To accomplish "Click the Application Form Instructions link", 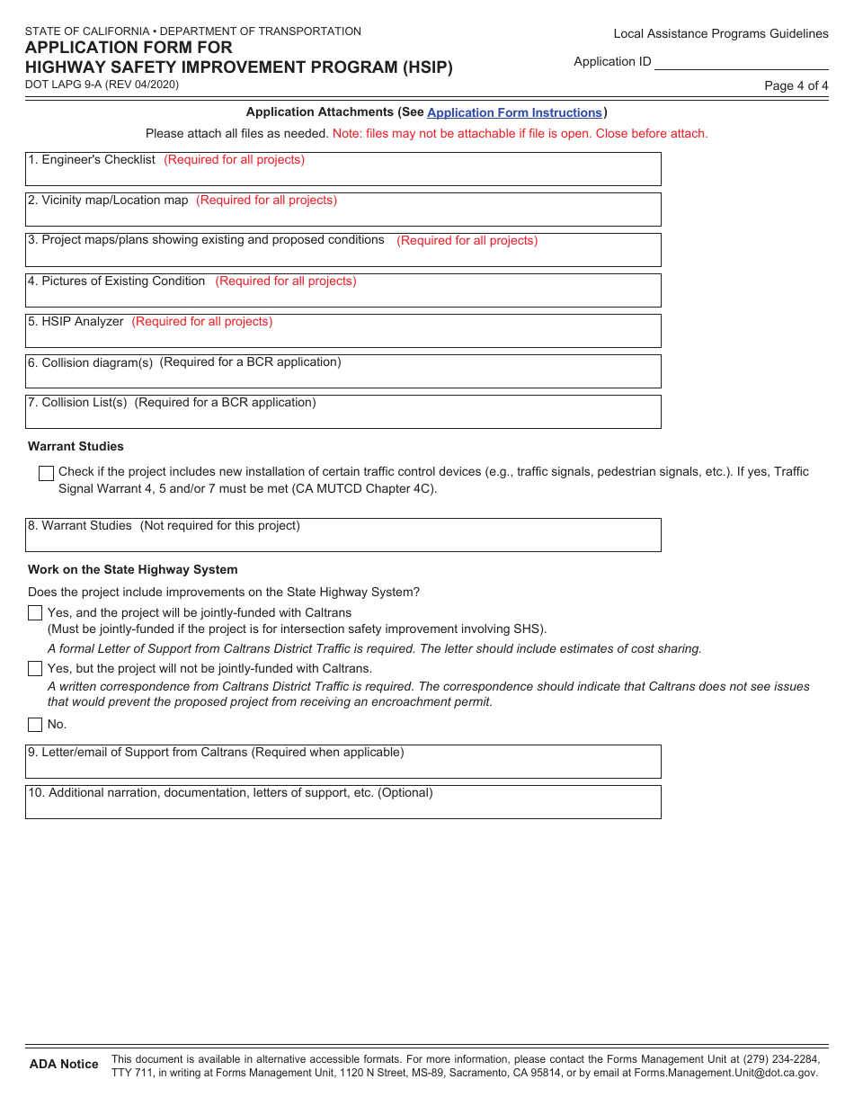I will (x=514, y=112).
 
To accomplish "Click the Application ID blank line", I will (x=741, y=62).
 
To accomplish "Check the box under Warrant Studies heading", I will (x=47, y=473).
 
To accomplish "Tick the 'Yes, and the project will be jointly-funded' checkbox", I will (x=35, y=613).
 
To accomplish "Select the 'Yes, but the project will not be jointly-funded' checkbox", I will (x=35, y=669).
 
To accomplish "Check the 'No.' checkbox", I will (x=35, y=725).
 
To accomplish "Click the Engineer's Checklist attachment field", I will (x=342, y=169).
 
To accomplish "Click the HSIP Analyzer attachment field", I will (x=342, y=331).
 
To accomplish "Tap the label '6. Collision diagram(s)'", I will (x=91, y=362).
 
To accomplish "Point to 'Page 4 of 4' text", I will (x=796, y=86).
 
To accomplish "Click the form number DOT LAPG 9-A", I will (x=102, y=85).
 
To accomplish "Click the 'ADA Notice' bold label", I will (x=64, y=1065).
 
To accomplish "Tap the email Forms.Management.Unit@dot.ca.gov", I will (x=726, y=1073).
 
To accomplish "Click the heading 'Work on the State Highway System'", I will (x=133, y=570).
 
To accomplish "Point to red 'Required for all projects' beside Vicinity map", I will (x=267, y=201).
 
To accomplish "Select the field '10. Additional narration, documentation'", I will (x=342, y=802).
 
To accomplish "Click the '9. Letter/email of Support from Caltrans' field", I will (x=342, y=762).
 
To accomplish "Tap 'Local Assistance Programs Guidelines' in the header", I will (x=721, y=34).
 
